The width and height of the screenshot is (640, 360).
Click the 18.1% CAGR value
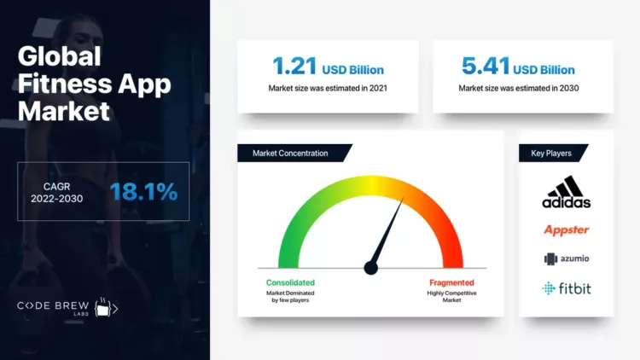click(x=143, y=191)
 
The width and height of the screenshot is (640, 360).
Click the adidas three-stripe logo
click(x=566, y=193)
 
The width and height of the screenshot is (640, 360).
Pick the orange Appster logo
click(x=567, y=229)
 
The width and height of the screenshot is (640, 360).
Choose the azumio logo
click(x=567, y=258)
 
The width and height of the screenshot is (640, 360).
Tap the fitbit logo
click(x=567, y=288)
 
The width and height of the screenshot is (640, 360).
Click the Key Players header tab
click(x=553, y=153)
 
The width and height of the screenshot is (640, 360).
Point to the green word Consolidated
click(x=290, y=282)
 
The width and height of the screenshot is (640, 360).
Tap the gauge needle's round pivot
click(x=370, y=268)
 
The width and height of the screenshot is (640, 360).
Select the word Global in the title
click(x=60, y=57)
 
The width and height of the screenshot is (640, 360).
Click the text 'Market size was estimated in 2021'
click(x=328, y=88)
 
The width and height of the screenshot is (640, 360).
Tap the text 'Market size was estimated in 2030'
click(x=523, y=88)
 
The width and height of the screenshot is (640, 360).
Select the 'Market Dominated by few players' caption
click(x=290, y=297)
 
